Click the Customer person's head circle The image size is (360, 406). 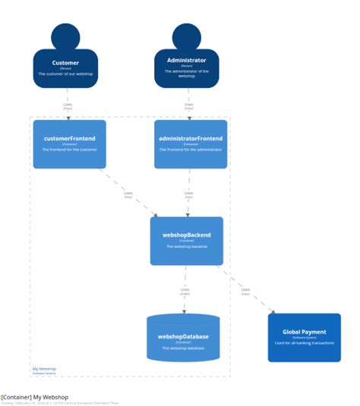(65, 37)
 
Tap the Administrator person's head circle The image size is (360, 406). (186, 37)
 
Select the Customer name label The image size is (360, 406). (65, 63)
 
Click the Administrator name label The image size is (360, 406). (186, 59)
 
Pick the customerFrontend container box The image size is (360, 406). (69, 143)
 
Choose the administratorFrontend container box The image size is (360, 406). (191, 143)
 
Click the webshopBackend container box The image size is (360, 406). (186, 241)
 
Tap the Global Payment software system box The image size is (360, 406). (304, 337)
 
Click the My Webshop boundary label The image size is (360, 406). (43, 369)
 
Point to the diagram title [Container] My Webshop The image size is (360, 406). (34, 397)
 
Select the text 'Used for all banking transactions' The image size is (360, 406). (304, 342)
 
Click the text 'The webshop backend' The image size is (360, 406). (186, 247)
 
